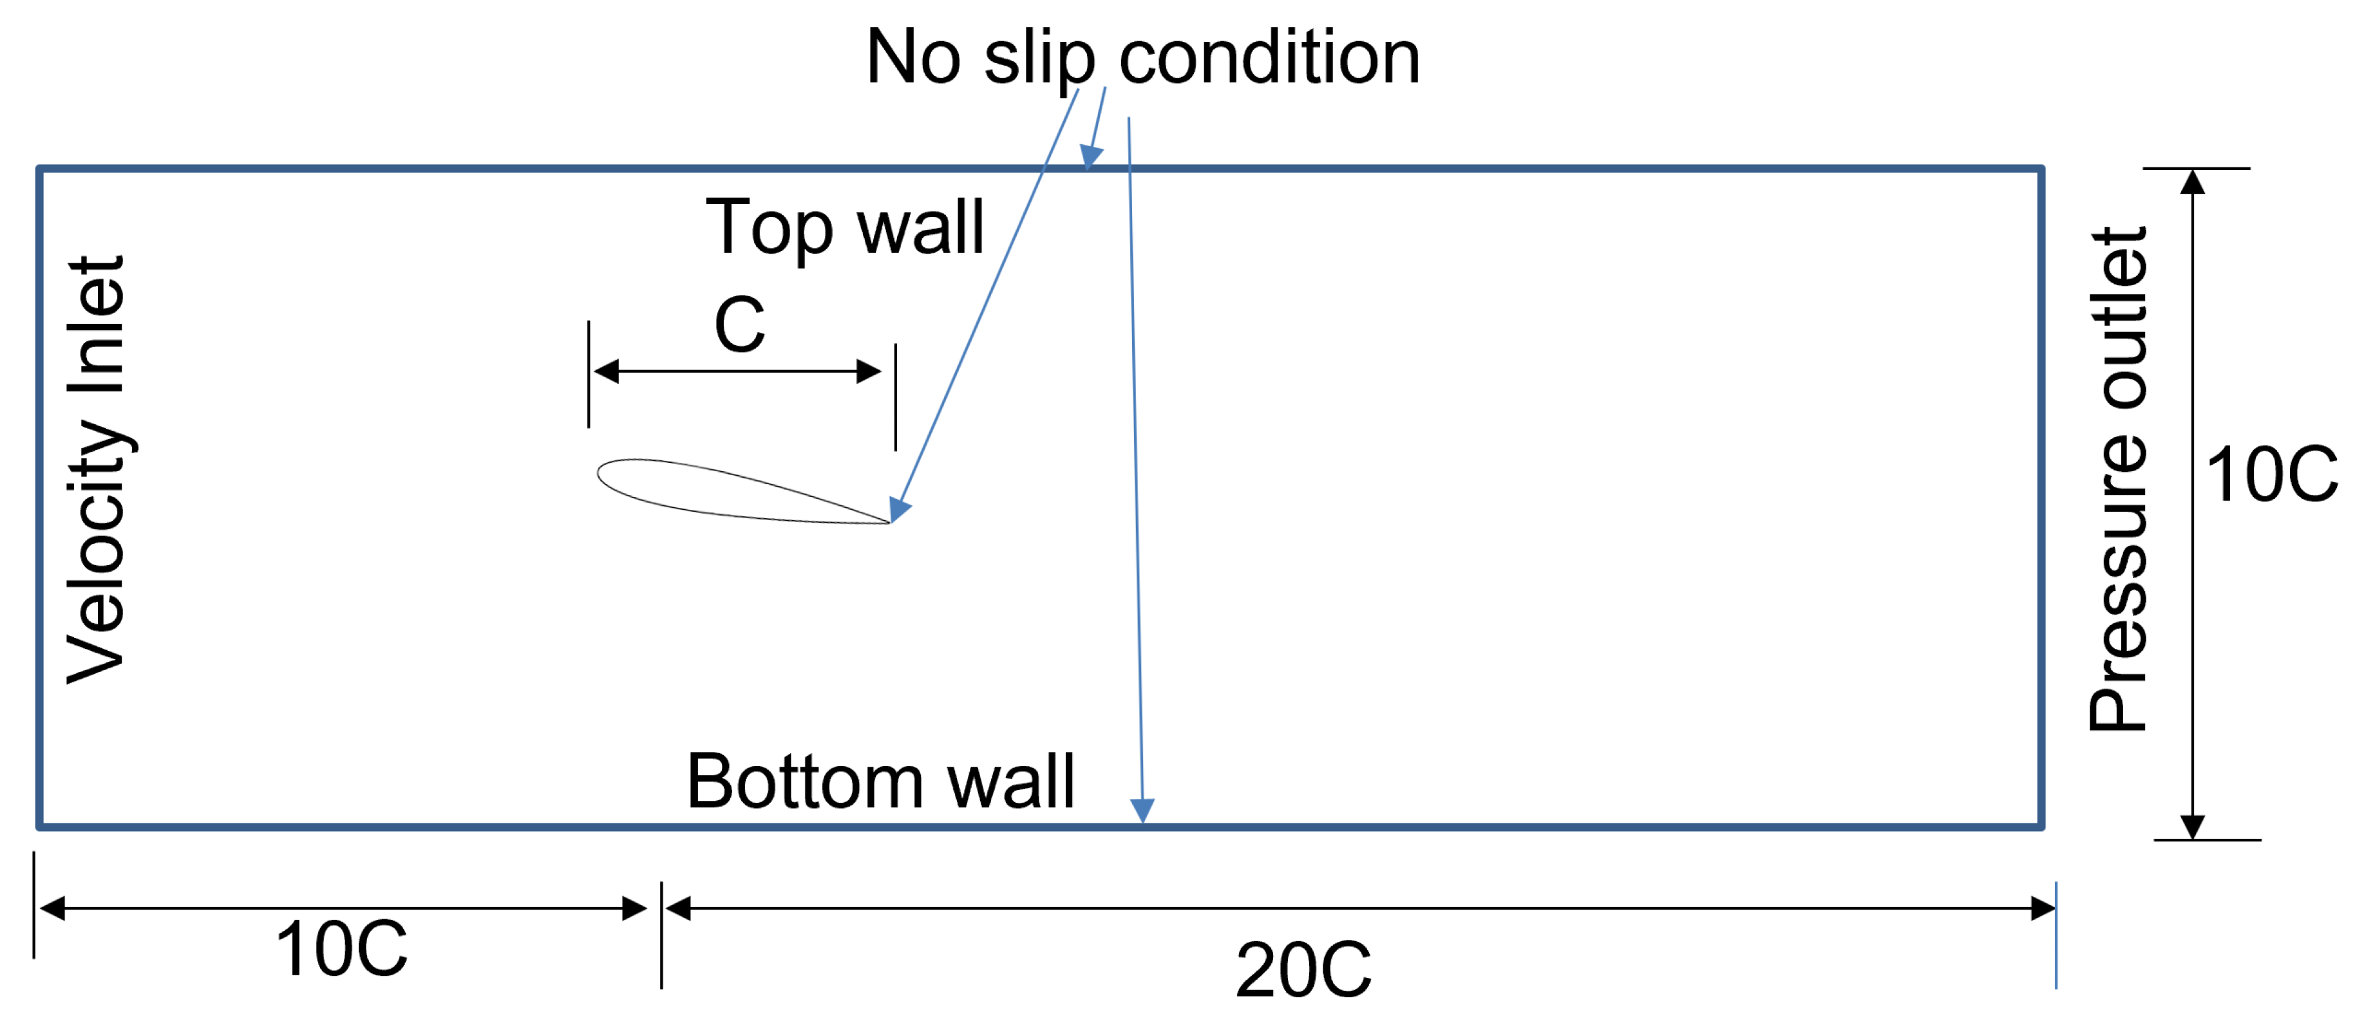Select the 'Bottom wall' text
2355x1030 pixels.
click(x=880, y=782)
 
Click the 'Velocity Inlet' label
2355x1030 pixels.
click(x=96, y=469)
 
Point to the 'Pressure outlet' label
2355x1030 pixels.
click(x=2117, y=479)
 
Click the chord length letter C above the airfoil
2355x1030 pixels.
click(x=739, y=324)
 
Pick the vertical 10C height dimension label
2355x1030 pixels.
click(x=2271, y=475)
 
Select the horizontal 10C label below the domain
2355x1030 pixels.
click(x=341, y=950)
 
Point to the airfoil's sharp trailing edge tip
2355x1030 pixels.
click(x=889, y=523)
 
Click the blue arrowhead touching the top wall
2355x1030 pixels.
click(x=1091, y=157)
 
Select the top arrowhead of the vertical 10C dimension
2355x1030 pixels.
click(x=2192, y=183)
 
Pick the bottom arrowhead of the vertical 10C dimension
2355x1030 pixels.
click(x=2192, y=825)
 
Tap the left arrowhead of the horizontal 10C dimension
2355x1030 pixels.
click(x=53, y=908)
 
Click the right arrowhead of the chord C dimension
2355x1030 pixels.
click(x=869, y=372)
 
